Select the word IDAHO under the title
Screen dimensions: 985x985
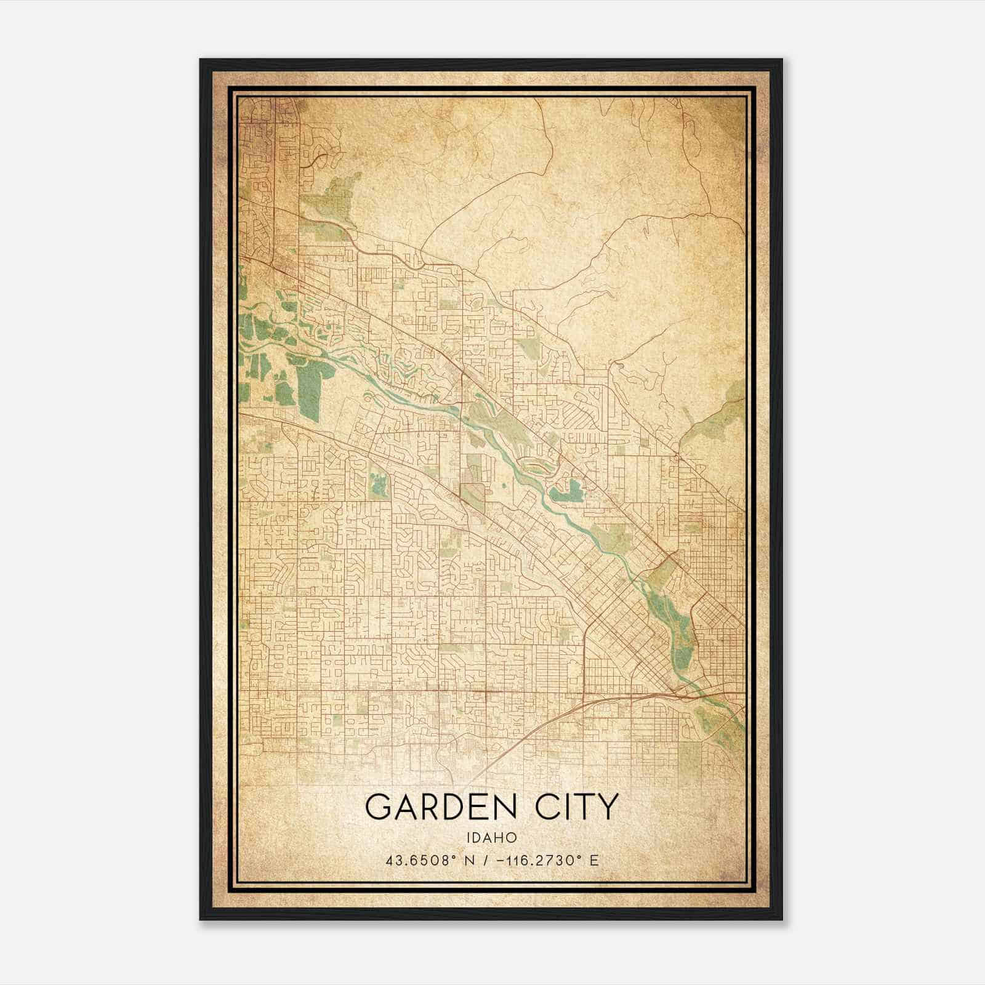coord(491,837)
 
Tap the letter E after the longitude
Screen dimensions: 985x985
coord(594,860)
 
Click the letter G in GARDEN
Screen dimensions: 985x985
coord(379,806)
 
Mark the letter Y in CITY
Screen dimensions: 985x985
coord(606,806)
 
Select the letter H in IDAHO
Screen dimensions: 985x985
coord(502,837)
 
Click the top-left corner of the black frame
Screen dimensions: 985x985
coord(201,60)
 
